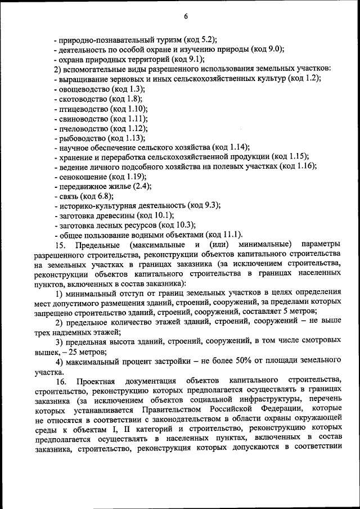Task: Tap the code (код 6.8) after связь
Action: [97, 196]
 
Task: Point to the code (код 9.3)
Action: [204, 205]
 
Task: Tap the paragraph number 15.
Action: [60, 245]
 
